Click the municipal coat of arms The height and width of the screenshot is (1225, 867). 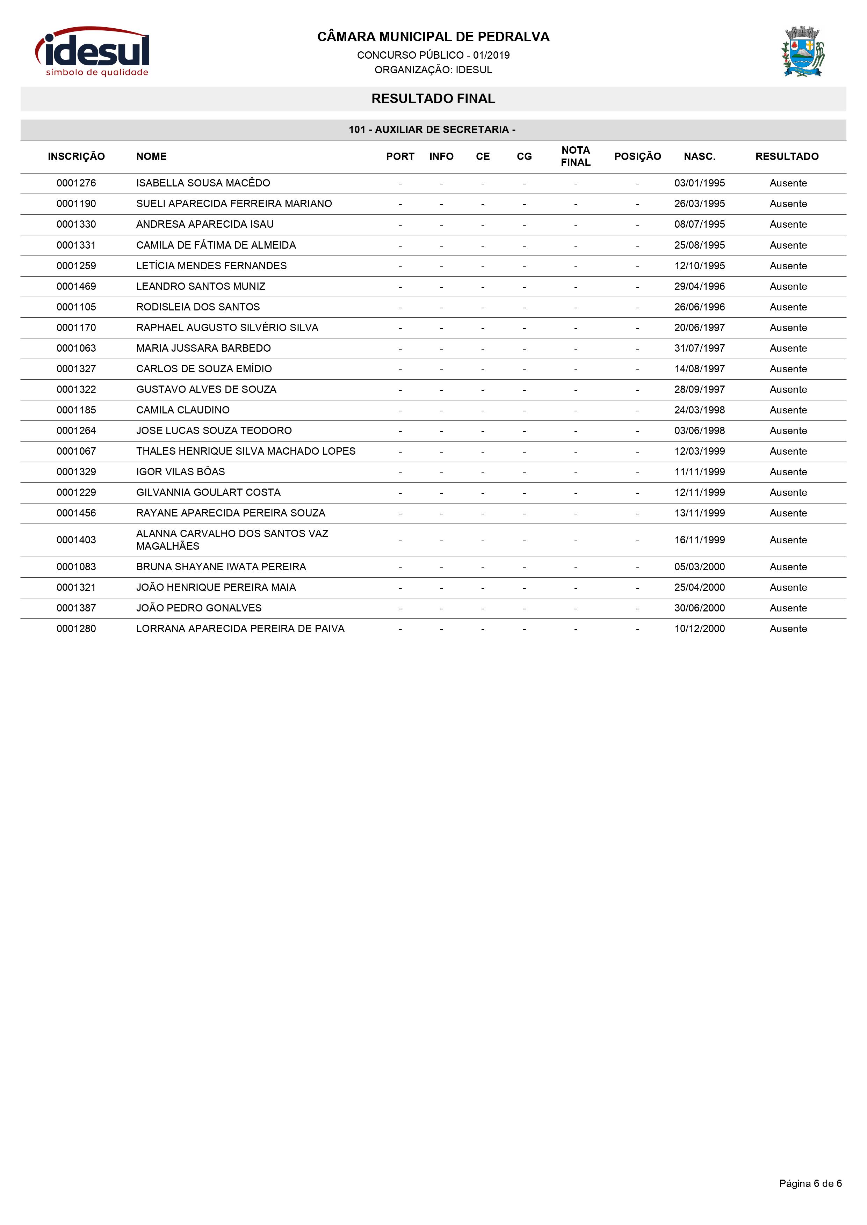coord(802,51)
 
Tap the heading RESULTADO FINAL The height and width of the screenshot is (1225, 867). coord(433,99)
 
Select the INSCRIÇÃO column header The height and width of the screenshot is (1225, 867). coord(76,156)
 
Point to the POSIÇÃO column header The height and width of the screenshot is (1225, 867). coord(637,156)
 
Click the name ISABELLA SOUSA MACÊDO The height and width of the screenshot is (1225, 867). coord(203,183)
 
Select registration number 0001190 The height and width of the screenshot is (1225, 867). coord(76,204)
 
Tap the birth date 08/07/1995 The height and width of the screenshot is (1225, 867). coord(699,224)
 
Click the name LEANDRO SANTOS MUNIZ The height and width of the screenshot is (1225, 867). coord(201,286)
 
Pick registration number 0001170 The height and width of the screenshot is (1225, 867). coord(76,328)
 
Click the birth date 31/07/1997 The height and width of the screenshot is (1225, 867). coord(699,349)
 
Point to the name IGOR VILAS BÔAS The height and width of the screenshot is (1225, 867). coord(180,472)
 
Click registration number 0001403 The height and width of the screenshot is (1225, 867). coord(76,540)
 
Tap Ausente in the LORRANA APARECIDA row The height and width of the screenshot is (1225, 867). coord(788,629)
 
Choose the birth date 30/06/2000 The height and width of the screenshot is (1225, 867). coord(699,608)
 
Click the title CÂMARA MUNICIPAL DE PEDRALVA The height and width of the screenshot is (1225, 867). coord(433,37)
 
